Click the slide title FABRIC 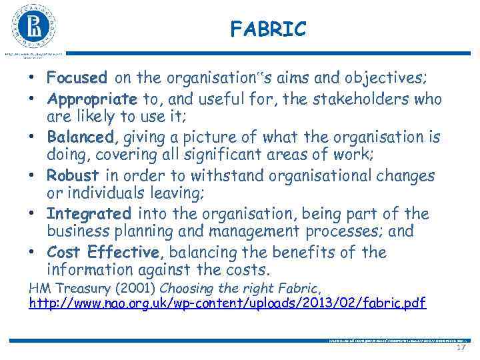coord(268,29)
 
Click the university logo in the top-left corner coord(33,26)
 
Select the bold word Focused coord(77,78)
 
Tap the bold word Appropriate coord(91,99)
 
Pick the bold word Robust coord(73,175)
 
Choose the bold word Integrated coord(89,214)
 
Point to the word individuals coord(116,194)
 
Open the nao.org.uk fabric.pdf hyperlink coord(227,303)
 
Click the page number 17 coord(461,348)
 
